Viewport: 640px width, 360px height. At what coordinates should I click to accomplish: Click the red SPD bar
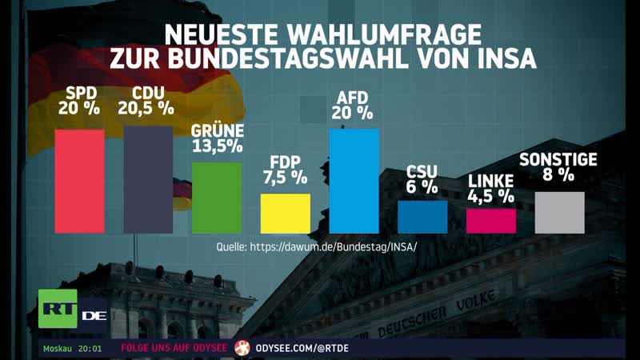click(79, 181)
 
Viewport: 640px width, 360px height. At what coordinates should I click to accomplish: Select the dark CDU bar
click(147, 179)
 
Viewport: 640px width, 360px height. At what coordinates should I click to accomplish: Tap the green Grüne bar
click(216, 198)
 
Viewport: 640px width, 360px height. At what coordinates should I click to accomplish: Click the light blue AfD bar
click(354, 181)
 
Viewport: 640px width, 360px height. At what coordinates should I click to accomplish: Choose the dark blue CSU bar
click(422, 217)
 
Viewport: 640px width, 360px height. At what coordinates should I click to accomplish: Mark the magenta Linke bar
click(491, 221)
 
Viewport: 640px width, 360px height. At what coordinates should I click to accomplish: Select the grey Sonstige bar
click(559, 212)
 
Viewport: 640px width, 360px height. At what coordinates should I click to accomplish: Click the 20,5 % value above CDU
click(147, 106)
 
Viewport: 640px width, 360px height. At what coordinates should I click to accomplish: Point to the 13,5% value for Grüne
click(216, 146)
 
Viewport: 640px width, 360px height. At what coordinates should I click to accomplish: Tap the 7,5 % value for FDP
click(286, 177)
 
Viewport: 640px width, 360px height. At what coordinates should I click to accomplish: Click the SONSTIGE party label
click(558, 159)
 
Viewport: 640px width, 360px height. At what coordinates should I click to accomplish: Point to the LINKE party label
click(491, 182)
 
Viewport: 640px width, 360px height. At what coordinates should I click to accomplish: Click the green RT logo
click(58, 308)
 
